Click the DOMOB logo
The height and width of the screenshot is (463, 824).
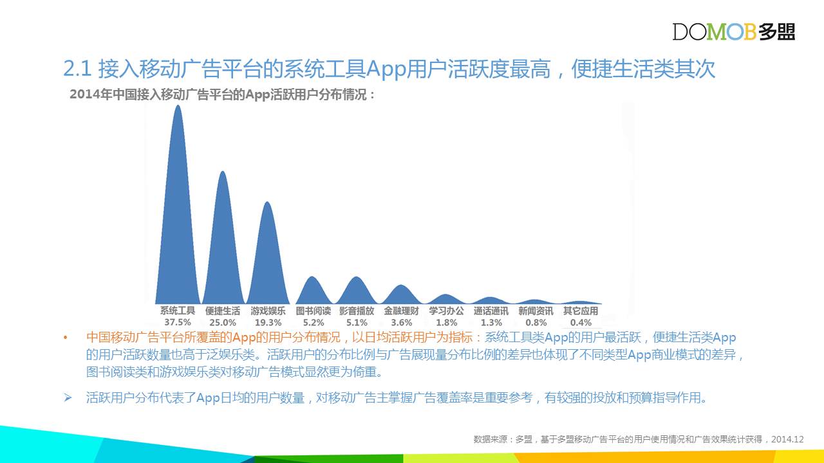(733, 32)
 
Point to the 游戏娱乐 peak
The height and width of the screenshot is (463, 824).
(268, 253)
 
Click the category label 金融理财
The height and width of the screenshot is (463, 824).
(401, 311)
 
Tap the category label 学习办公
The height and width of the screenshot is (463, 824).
(446, 311)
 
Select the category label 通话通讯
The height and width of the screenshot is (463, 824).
(491, 311)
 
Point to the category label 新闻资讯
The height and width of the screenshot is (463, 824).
(536, 311)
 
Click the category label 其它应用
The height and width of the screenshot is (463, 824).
(581, 311)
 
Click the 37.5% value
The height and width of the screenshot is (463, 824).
(178, 322)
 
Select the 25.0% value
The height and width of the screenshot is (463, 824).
(223, 323)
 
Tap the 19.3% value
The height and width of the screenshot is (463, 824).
(268, 323)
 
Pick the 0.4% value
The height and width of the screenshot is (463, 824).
(581, 323)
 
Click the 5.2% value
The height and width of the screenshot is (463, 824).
(314, 323)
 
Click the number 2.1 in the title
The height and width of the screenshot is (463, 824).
(77, 69)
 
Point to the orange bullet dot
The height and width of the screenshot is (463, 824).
(66, 338)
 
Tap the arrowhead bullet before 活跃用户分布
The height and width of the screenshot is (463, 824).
(68, 397)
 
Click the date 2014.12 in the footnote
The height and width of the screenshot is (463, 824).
(787, 439)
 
